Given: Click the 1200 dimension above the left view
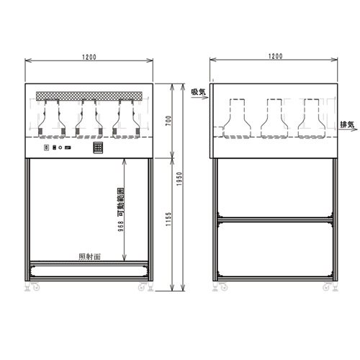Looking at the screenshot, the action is pos(89,57).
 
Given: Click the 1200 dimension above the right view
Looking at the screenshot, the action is pos(276,56).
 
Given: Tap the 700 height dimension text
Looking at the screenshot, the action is pos(168,121).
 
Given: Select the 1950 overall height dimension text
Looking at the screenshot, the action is pos(179,179).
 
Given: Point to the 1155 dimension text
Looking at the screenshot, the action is pos(168,219).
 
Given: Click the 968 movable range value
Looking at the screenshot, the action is pos(121,226).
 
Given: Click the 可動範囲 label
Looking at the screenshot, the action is pos(121,202).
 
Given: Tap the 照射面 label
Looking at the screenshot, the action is pos(89,257).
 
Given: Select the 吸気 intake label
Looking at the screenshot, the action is pos(198,92).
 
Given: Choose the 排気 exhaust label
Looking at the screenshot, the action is pos(347,125).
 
